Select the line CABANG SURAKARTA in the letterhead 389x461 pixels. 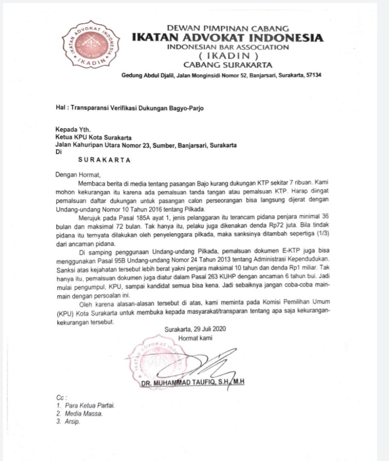click(228, 65)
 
